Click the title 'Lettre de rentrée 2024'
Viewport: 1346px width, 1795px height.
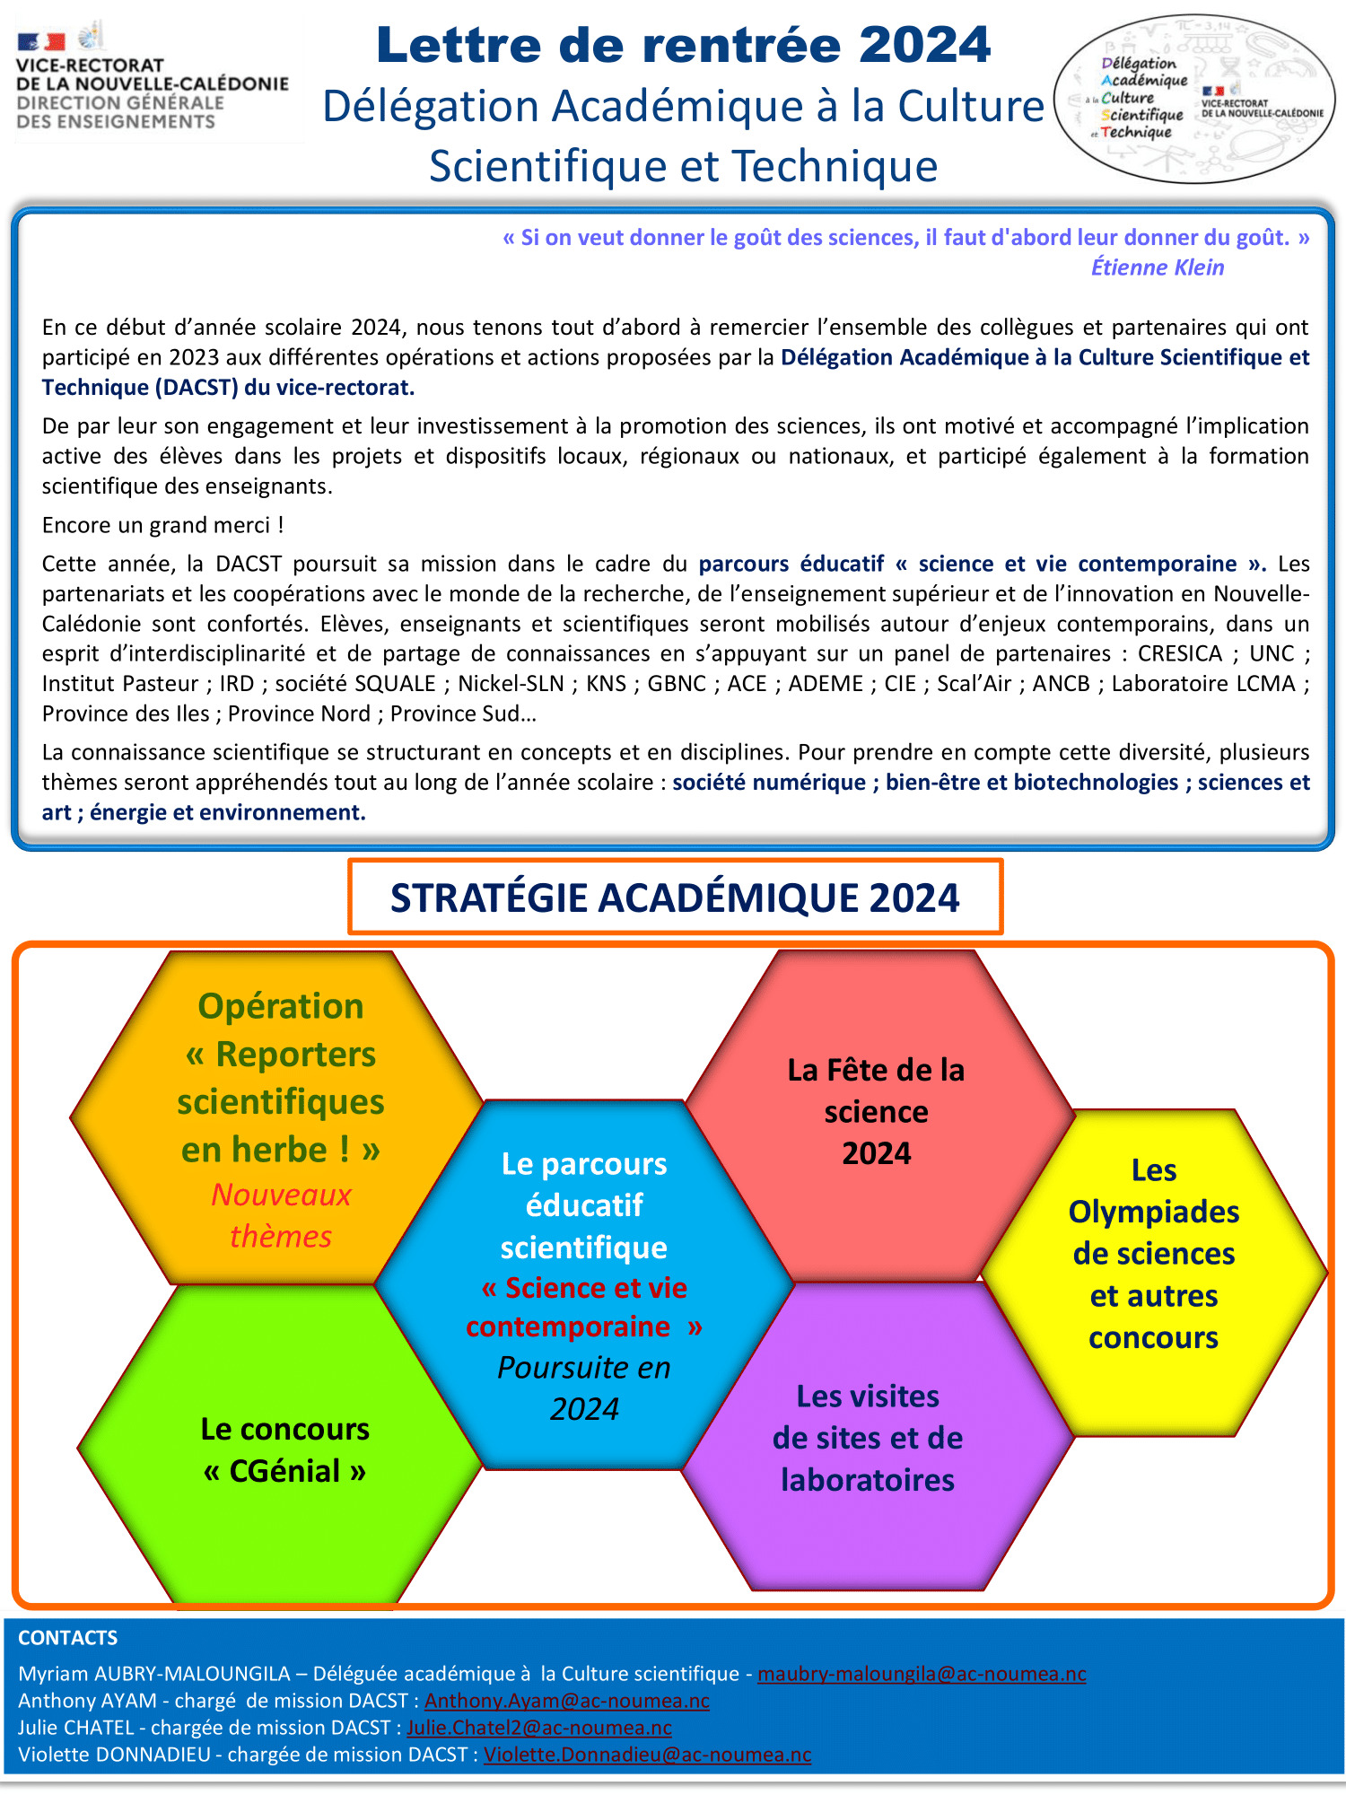point(683,45)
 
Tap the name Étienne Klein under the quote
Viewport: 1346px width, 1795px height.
point(1157,267)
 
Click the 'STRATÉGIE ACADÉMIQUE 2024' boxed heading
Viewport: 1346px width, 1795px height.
point(675,897)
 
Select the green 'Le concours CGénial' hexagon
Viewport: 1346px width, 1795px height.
point(284,1449)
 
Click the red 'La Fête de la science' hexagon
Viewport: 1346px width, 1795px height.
point(876,1111)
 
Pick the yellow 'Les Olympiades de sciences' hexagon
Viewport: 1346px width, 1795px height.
point(1153,1254)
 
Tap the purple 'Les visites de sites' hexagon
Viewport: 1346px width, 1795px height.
point(868,1438)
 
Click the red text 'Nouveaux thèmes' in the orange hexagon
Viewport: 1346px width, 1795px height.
point(281,1215)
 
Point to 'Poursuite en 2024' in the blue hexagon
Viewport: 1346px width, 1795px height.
point(584,1388)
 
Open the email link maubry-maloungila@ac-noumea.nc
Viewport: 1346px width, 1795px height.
point(922,1674)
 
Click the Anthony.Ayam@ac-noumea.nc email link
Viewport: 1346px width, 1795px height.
point(566,1701)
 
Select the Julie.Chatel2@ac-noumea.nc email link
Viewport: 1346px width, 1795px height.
point(539,1728)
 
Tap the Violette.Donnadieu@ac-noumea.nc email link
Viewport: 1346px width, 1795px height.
point(647,1755)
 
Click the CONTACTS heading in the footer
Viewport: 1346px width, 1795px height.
point(68,1638)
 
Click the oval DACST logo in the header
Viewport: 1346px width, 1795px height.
point(1193,99)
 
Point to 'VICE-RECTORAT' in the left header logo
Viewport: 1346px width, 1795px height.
point(90,66)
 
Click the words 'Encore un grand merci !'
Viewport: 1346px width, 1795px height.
point(162,525)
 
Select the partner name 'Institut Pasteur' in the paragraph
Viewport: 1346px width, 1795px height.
point(119,684)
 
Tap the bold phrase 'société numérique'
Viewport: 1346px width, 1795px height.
point(769,783)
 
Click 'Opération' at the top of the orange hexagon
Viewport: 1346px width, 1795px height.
point(281,1006)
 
